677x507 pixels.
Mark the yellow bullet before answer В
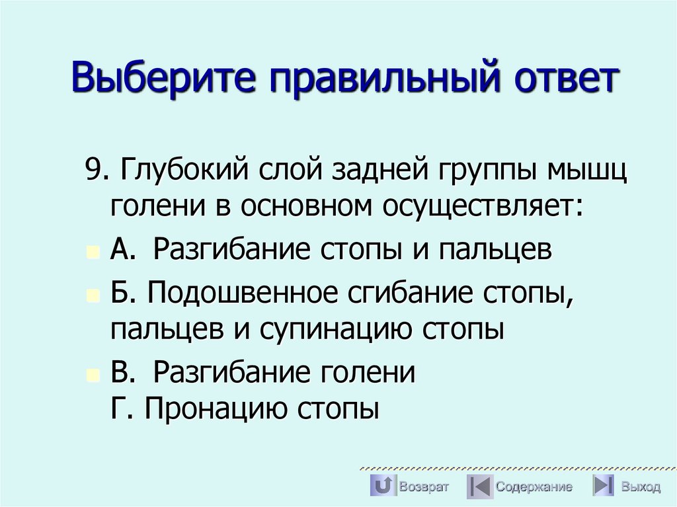point(93,375)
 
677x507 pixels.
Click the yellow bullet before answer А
point(93,253)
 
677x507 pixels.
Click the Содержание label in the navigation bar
point(534,487)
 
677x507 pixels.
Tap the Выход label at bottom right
point(640,487)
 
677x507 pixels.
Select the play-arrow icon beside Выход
point(604,487)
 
